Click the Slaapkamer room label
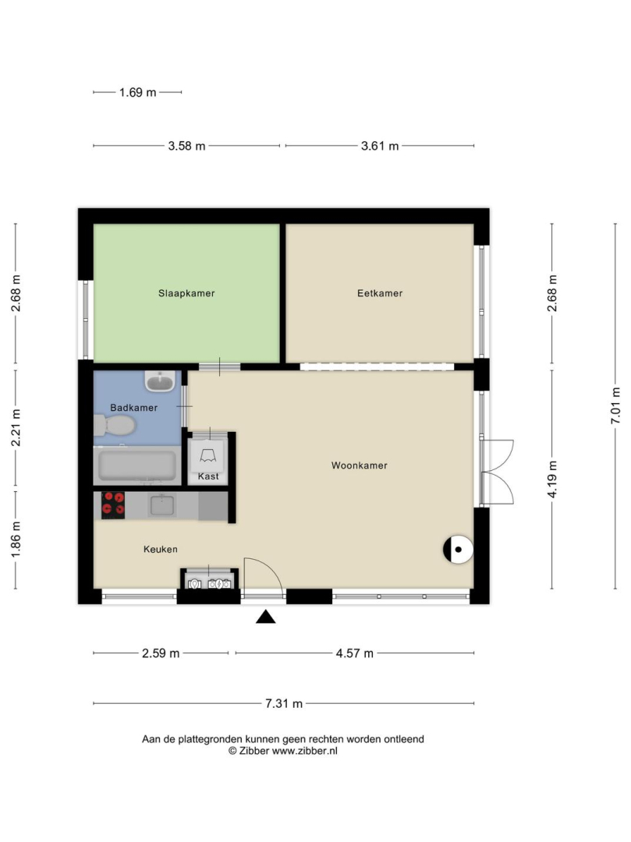pos(186,293)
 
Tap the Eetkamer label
pos(380,293)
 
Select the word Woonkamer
pos(360,465)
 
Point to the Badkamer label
pos(133,408)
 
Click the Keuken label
pos(160,550)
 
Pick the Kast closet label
pos(208,476)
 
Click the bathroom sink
pos(159,381)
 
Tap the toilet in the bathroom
pos(114,426)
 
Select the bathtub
pos(137,465)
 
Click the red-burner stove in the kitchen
pos(113,505)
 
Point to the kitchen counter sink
pos(161,505)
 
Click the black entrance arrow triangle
pos(265,617)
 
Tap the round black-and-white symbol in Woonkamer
pos(458,550)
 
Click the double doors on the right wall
pos(498,472)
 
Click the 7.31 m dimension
pos(284,703)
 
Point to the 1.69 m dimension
pos(137,92)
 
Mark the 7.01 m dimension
pos(615,406)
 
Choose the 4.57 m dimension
pos(354,653)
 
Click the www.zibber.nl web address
pos(304,752)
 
